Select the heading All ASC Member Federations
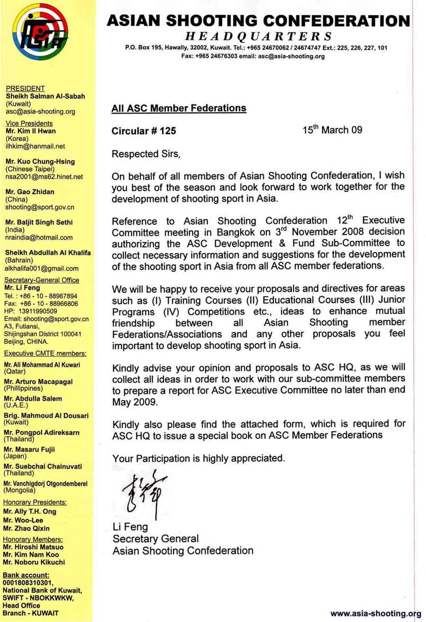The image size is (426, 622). [178, 108]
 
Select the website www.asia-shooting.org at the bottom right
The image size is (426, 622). [375, 613]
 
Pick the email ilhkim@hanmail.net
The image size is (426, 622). [35, 146]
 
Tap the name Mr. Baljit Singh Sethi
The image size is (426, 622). [39, 222]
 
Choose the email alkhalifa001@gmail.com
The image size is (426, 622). [42, 269]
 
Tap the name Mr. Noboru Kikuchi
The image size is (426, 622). [34, 562]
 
